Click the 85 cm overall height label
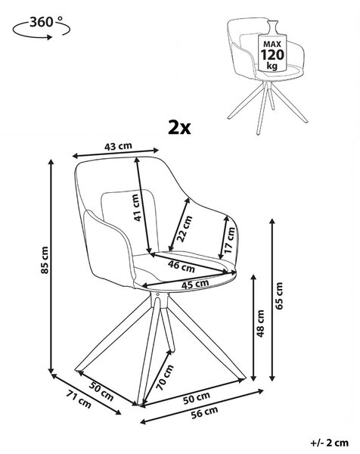[x=45, y=260]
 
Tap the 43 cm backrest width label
[x=118, y=146]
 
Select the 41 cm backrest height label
[x=138, y=207]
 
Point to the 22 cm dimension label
[x=185, y=229]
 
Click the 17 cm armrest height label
[x=229, y=240]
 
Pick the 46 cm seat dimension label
[x=182, y=266]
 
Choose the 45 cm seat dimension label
[x=195, y=284]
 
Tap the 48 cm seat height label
[x=260, y=323]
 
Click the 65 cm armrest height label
[x=279, y=296]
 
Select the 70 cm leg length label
[x=165, y=378]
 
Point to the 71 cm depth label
[x=79, y=399]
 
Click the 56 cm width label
[x=204, y=412]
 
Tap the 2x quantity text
[x=179, y=128]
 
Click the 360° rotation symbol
[x=41, y=27]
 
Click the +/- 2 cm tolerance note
[x=329, y=443]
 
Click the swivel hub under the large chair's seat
[x=160, y=300]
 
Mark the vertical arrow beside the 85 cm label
[x=51, y=266]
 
